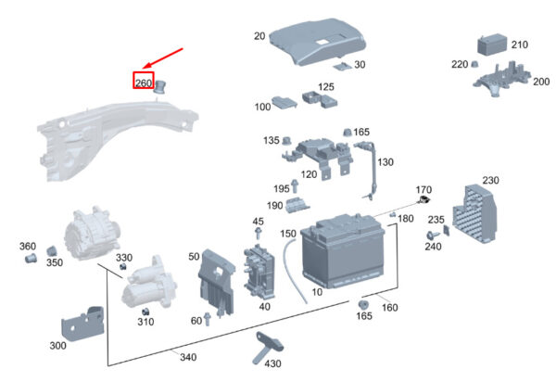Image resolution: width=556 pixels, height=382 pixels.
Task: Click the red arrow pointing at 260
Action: click(x=163, y=57)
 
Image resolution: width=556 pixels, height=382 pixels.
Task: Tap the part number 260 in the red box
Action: click(x=144, y=83)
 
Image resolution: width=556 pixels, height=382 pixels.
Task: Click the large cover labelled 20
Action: click(x=317, y=42)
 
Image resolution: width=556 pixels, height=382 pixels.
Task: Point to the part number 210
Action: click(x=520, y=45)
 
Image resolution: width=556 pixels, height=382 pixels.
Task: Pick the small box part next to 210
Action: click(x=492, y=45)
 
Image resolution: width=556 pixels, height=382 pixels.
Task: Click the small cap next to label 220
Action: click(x=474, y=64)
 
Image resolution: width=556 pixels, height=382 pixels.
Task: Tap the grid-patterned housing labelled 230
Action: click(x=474, y=214)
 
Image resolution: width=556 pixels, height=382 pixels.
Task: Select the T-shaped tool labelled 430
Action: click(x=269, y=347)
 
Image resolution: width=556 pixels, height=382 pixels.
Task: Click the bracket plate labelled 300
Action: click(x=82, y=324)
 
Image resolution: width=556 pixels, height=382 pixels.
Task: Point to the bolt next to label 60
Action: click(x=207, y=319)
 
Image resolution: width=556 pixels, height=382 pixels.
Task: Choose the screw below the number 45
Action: click(x=259, y=234)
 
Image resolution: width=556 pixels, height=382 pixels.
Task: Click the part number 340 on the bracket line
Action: click(x=188, y=357)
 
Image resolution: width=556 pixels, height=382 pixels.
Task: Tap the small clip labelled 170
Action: click(x=423, y=199)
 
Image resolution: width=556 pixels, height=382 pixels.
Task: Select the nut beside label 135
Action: click(x=286, y=140)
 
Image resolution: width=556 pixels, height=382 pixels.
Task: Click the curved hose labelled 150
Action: click(x=294, y=271)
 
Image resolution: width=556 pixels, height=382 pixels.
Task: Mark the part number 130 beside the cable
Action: click(x=385, y=162)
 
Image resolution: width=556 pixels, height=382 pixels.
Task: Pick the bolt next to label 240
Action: click(x=433, y=236)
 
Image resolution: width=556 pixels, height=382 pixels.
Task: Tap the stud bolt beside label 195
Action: click(x=295, y=186)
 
